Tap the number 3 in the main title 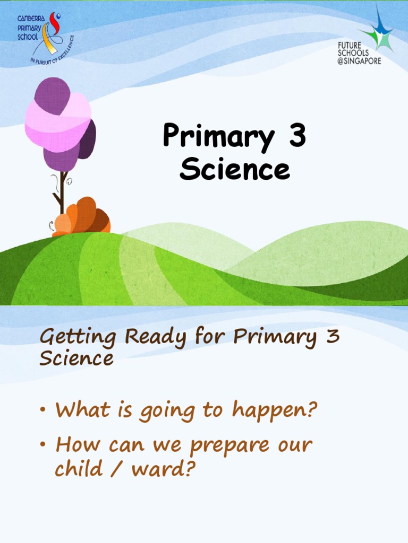point(296,136)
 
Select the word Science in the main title point(234,170)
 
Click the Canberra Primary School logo point(45,37)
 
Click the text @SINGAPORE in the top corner point(360,60)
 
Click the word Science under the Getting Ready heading point(76,359)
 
